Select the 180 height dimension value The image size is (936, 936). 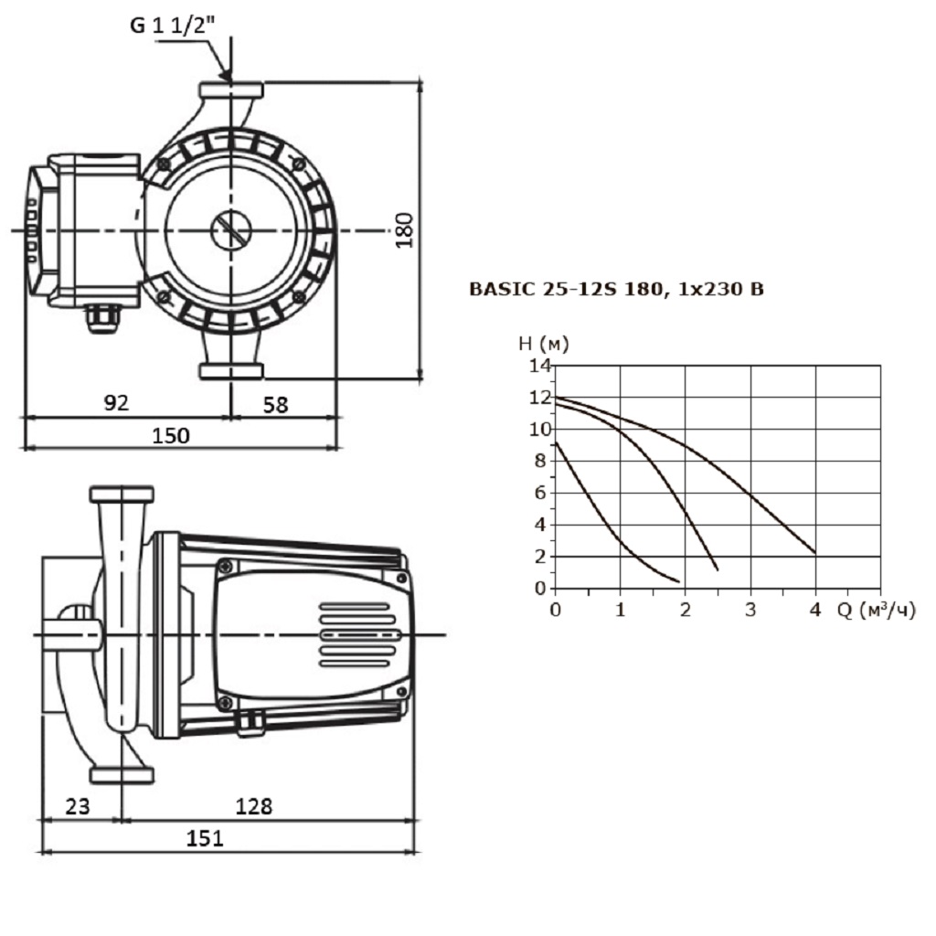[x=405, y=229]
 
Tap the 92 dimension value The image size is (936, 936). [x=116, y=402]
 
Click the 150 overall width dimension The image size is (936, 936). [x=170, y=435]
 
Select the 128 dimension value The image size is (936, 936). [x=253, y=805]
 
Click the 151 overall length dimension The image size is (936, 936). [x=205, y=837]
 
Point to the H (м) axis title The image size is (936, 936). [x=543, y=344]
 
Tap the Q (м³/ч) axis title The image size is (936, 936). [x=875, y=610]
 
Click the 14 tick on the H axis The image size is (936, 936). [x=539, y=366]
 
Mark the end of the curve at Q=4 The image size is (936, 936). [x=814, y=552]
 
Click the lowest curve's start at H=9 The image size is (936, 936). [x=556, y=442]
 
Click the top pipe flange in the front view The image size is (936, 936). [x=231, y=90]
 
